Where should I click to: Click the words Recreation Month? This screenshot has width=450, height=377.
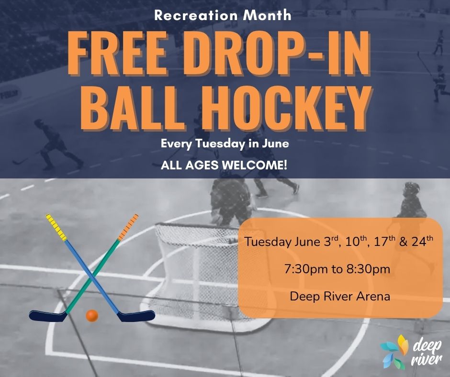coord(223,15)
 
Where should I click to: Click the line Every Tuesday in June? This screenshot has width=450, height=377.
coord(225,144)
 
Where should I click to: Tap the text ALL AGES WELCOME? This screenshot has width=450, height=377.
coord(224,166)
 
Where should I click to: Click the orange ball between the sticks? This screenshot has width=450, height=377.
coord(92,316)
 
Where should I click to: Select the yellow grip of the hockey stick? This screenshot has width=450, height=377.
coord(56,227)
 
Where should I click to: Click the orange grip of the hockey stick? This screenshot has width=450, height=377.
coord(128,227)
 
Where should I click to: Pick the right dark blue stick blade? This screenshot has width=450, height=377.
coord(136,316)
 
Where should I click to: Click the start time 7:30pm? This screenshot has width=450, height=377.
coord(306,269)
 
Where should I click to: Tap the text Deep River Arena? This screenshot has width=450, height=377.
coord(340,296)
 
